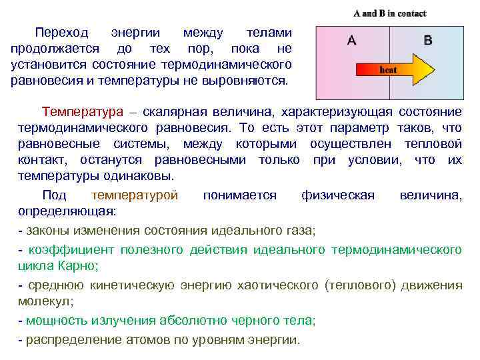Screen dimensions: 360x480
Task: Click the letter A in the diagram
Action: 351,41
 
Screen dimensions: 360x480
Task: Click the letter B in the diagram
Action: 427,41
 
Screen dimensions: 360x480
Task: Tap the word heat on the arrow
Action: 388,69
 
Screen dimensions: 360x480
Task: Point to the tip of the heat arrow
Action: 434,69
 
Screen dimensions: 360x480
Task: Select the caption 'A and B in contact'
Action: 390,13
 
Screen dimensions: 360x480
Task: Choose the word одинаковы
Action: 139,177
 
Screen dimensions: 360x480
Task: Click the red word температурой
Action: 135,195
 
